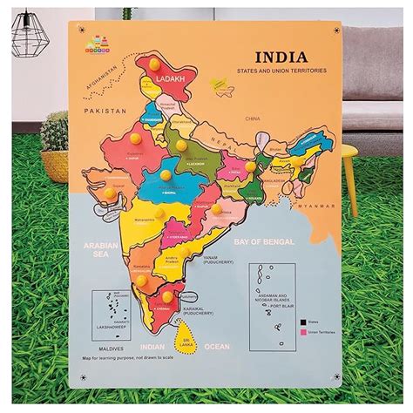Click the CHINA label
tap(253, 117)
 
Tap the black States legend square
tap(302, 321)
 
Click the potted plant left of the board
tap(54, 144)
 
